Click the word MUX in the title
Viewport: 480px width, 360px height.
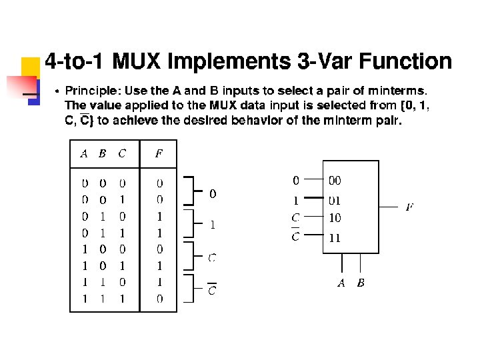(137, 62)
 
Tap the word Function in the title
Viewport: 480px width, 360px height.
(405, 62)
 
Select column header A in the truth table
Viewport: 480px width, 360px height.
(84, 154)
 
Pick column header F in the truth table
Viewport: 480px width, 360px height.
(159, 154)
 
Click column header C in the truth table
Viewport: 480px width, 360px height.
(121, 154)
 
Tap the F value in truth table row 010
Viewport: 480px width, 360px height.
(159, 216)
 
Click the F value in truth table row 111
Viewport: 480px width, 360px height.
(159, 299)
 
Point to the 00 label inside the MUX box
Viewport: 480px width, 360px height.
(335, 180)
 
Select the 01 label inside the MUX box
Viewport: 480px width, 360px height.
(335, 199)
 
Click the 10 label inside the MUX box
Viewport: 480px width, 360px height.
(335, 217)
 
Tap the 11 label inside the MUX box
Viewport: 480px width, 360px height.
(335, 237)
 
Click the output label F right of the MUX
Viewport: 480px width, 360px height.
(409, 207)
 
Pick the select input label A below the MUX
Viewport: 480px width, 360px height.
(341, 283)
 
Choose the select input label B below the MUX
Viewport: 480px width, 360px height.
(361, 283)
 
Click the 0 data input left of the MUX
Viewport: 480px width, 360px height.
(296, 180)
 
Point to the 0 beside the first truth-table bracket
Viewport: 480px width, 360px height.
(213, 194)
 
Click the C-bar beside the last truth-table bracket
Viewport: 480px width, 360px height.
(212, 290)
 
